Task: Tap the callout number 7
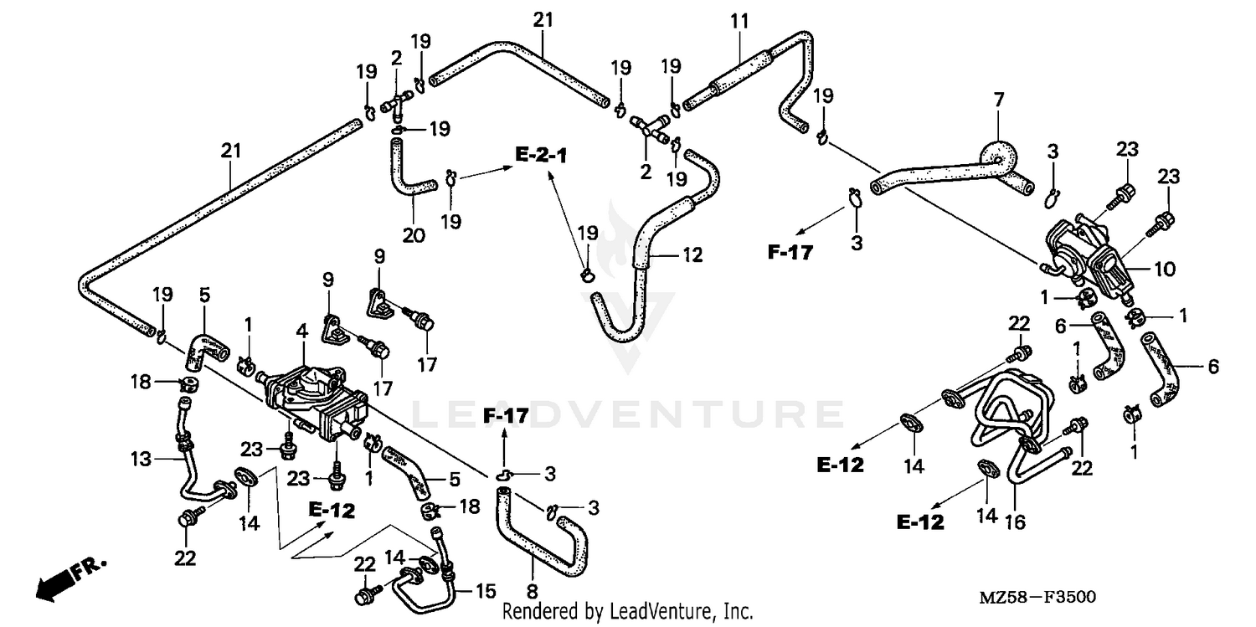[x=998, y=100]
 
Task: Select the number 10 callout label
[x=1166, y=269]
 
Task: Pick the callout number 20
[x=413, y=235]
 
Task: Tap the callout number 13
[x=141, y=459]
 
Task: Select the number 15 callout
[x=486, y=591]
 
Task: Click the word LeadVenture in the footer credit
[x=661, y=612]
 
